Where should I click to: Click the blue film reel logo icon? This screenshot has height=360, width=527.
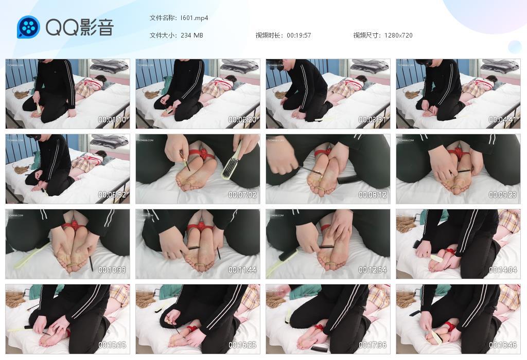point(28,27)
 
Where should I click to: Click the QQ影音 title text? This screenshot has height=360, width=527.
point(79,27)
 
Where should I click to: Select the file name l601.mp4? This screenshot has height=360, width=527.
point(194,18)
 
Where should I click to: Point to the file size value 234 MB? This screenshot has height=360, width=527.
point(191,35)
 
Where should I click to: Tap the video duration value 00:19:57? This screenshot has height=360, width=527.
point(298,35)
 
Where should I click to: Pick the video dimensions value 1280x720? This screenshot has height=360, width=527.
point(398,35)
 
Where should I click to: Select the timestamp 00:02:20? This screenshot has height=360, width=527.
point(243,120)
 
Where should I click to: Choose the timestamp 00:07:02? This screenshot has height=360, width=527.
point(243,195)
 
